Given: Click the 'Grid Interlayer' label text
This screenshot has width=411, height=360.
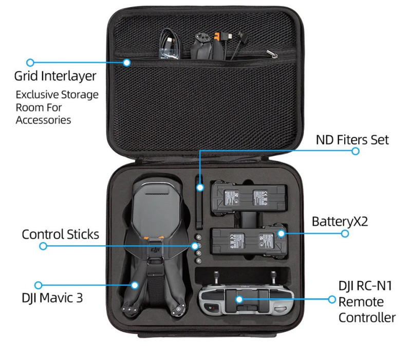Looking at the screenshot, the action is tap(55, 76).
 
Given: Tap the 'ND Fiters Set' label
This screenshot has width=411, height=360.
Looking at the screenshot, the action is tap(352, 140).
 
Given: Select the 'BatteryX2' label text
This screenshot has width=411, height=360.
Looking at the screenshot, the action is tap(340, 222).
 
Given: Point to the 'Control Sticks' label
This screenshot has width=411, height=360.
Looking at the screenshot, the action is tap(60, 235).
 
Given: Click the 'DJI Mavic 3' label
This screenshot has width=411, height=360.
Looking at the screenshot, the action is tap(52, 298).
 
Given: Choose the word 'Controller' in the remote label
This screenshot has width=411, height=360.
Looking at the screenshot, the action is tap(367, 317).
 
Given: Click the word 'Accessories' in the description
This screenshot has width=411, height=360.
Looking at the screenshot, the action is tap(43, 120).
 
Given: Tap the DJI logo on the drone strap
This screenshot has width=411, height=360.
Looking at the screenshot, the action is tap(155, 250).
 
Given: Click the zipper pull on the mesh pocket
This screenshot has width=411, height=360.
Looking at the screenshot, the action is tap(272, 54).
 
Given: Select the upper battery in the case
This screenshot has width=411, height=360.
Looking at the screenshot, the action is tap(248, 197).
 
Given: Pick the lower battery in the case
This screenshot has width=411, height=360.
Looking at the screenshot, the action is tap(248, 241).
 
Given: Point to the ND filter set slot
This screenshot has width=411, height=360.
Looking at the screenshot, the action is tap(199, 203).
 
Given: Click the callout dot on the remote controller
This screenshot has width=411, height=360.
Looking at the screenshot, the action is tap(239, 299).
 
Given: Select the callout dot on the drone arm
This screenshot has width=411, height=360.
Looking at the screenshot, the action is tap(135, 285).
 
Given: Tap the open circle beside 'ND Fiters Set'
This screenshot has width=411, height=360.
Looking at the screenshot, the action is tap(355, 151).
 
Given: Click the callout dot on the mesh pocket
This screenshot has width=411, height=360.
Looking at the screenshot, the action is tap(126, 62).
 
